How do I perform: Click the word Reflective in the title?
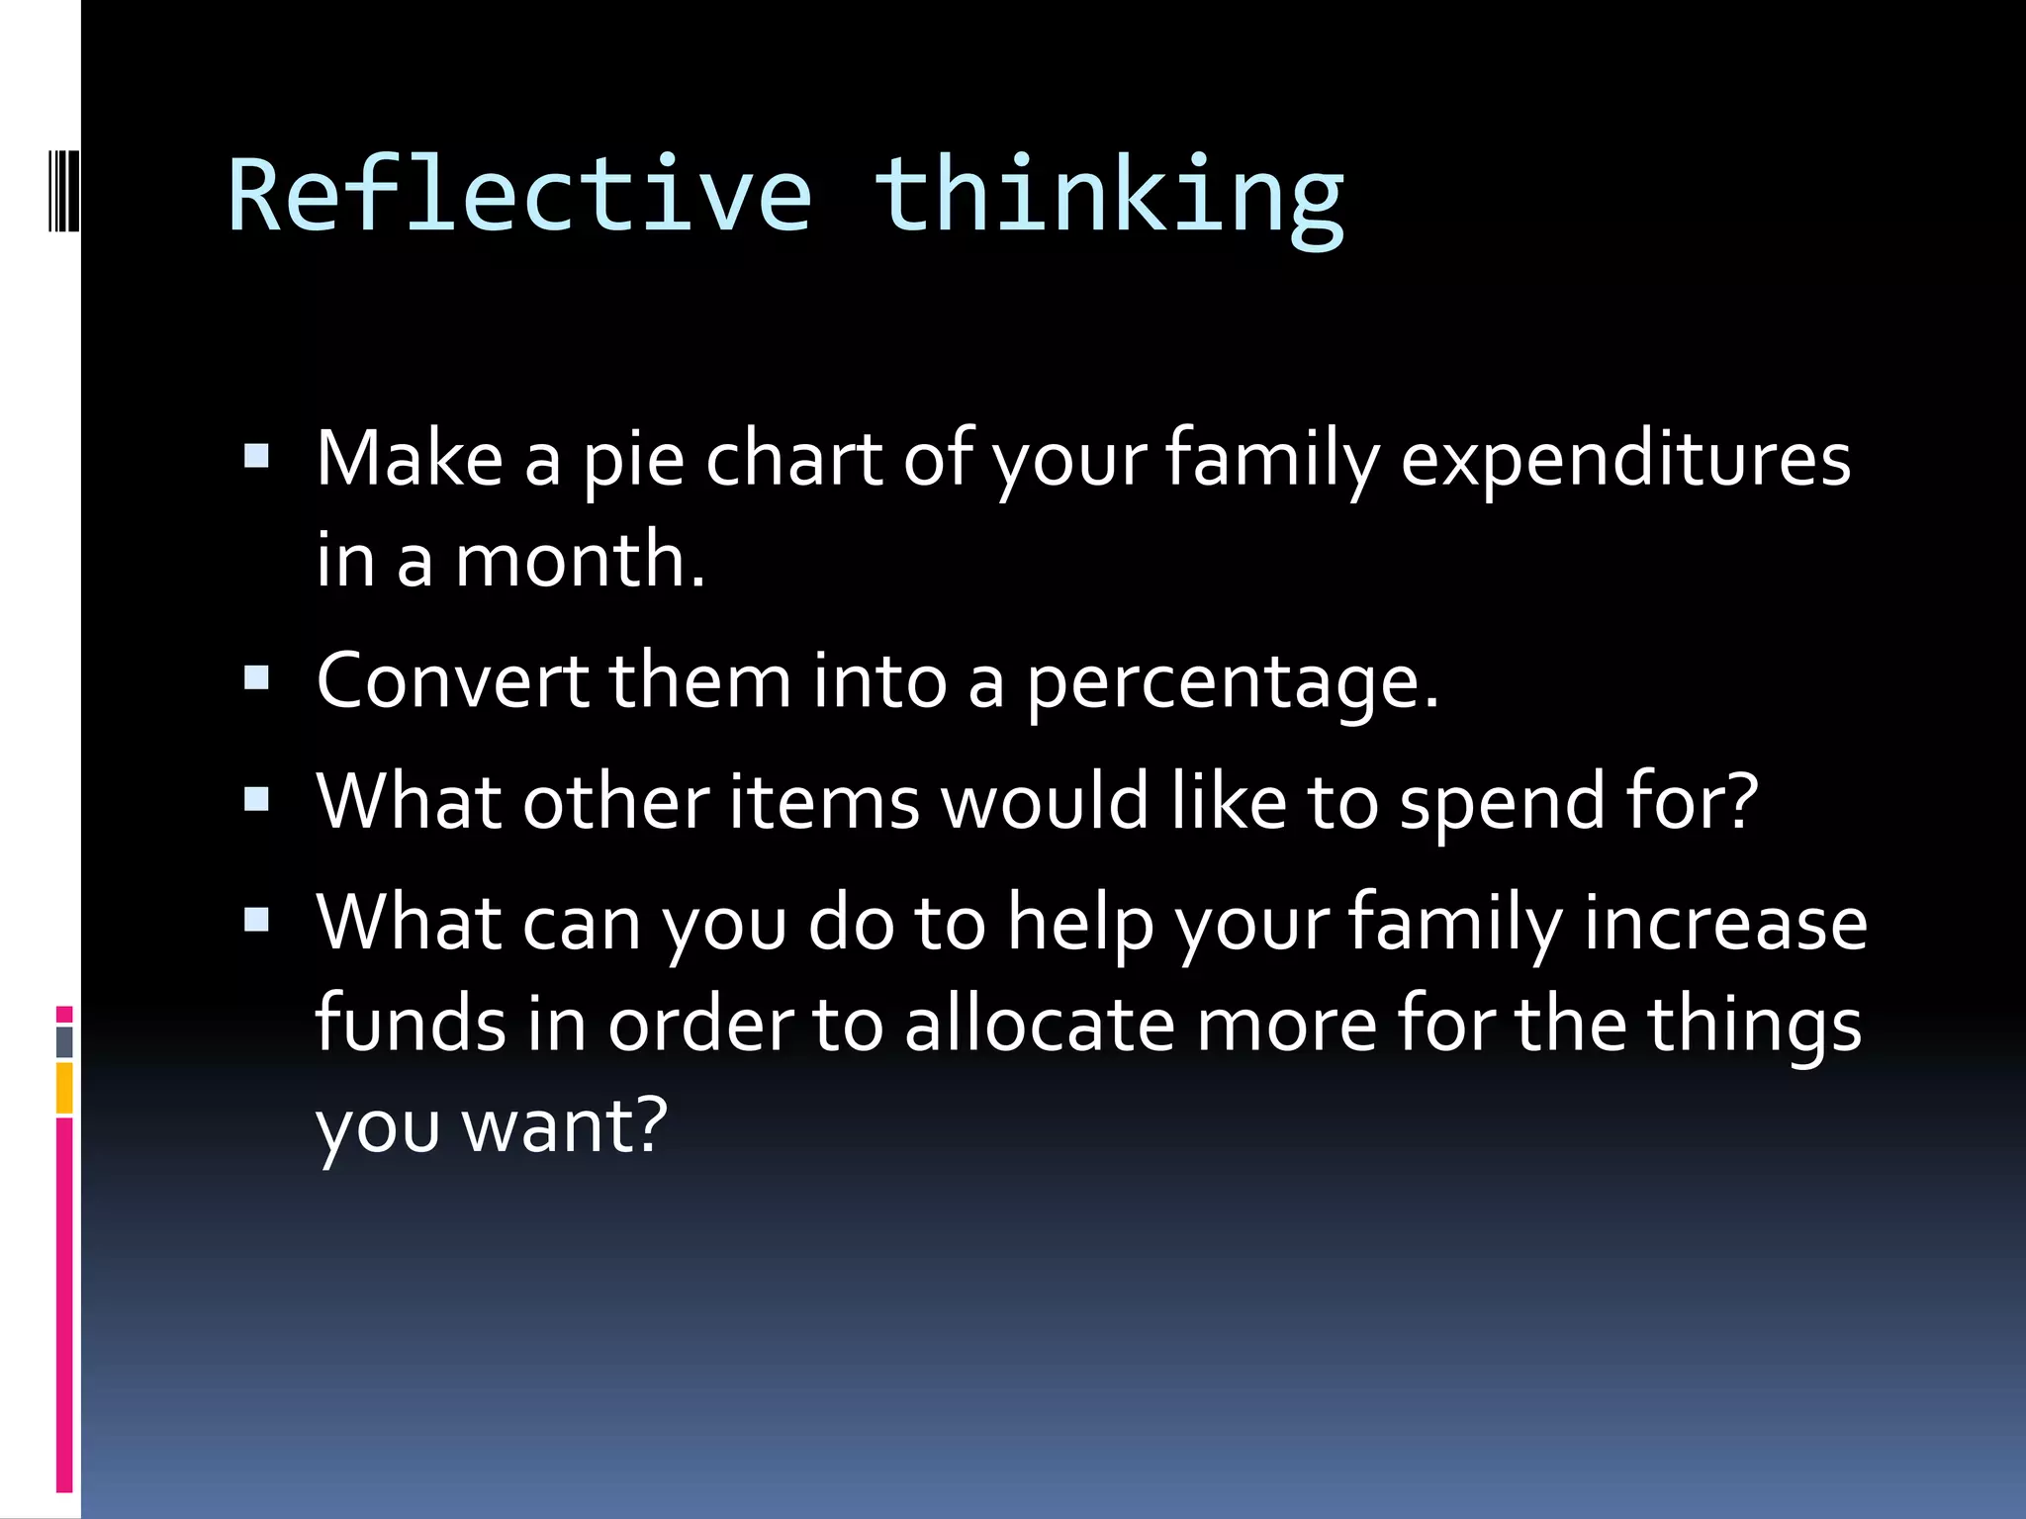click(x=519, y=195)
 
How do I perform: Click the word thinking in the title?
click(x=1108, y=195)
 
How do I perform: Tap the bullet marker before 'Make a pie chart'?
click(x=256, y=455)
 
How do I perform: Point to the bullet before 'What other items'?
click(x=256, y=798)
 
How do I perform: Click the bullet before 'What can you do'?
click(x=256, y=920)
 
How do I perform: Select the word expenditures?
click(x=1624, y=461)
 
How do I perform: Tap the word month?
click(x=579, y=560)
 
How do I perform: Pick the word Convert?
click(x=452, y=681)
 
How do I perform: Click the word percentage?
click(x=1231, y=683)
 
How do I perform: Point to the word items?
click(x=823, y=802)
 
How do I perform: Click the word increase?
click(x=1725, y=924)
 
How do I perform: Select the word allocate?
click(x=1039, y=1025)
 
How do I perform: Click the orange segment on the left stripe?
click(x=64, y=1088)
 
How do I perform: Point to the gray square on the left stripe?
click(x=64, y=1041)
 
